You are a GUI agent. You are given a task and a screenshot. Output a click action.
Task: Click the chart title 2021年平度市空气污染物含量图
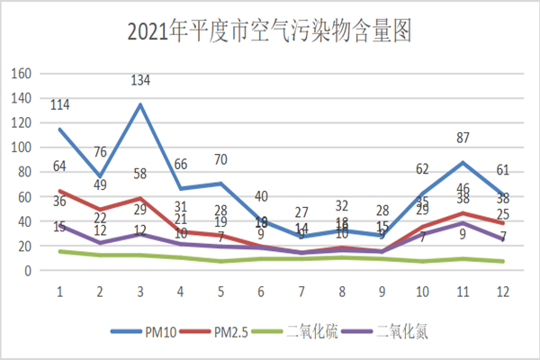pos(269,33)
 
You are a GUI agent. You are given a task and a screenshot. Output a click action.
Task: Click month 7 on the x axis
pos(301,292)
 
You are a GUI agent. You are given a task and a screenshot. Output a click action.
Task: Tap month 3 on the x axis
pos(139,292)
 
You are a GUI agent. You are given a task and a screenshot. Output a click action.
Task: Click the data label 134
pos(141,82)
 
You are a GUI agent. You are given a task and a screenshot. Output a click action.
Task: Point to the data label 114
pos(59,106)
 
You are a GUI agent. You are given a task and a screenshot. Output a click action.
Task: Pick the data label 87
pos(462,138)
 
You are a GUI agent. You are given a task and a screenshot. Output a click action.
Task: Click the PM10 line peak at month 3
pos(140,104)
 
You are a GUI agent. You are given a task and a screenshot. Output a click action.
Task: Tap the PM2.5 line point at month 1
pos(59,191)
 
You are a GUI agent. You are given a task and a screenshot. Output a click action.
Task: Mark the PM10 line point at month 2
pos(100,176)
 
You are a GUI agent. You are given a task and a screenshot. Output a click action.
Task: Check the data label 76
pos(100,151)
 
